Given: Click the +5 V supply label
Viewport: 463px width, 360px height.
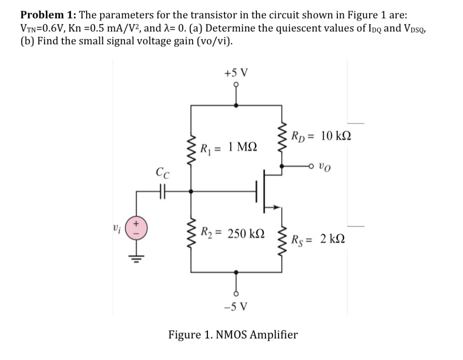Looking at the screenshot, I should tap(238, 72).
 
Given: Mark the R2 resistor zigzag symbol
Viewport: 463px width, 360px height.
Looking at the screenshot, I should tap(192, 233).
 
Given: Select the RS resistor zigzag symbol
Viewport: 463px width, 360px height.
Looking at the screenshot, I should tap(282, 239).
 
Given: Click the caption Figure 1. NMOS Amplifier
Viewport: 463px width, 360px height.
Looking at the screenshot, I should tap(233, 334).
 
